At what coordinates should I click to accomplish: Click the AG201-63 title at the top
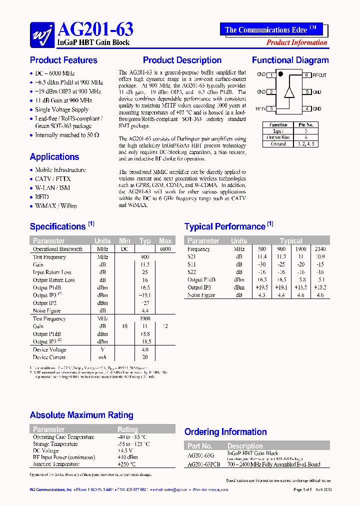pyautogui.click(x=95, y=29)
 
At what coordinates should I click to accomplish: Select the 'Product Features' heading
pyautogui.click(x=63, y=60)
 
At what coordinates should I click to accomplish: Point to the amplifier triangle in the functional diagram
pyautogui.click(x=289, y=92)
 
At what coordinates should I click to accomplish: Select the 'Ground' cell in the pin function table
pyautogui.click(x=278, y=144)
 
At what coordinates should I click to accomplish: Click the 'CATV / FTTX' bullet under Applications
pyautogui.click(x=52, y=179)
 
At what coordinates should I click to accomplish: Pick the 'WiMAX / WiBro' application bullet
pyautogui.click(x=55, y=206)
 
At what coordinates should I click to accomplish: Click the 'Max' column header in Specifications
pyautogui.click(x=165, y=241)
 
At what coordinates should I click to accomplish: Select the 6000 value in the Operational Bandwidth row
pyautogui.click(x=165, y=249)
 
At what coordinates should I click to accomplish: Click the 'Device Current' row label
pyautogui.click(x=49, y=357)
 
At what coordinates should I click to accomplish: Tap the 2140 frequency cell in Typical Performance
pyautogui.click(x=320, y=249)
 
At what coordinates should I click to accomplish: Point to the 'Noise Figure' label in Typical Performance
pyautogui.click(x=201, y=295)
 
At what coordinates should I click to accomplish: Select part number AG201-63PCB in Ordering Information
pyautogui.click(x=203, y=464)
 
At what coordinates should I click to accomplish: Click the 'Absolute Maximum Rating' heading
pyautogui.click(x=81, y=415)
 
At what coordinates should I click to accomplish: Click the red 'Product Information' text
pyautogui.click(x=296, y=42)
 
